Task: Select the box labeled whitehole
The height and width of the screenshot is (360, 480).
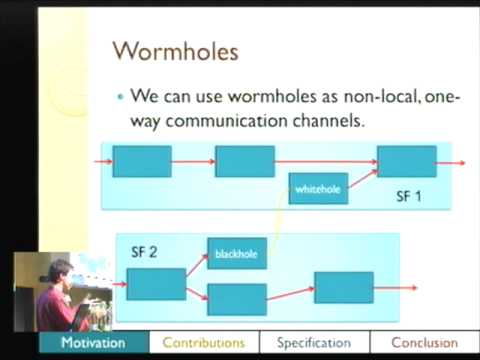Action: (x=318, y=188)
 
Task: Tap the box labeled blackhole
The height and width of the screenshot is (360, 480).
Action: (x=236, y=254)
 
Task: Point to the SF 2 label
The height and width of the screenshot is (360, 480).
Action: (x=144, y=251)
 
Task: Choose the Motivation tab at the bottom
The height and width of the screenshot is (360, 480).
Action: (x=93, y=343)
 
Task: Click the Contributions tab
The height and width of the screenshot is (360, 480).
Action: (x=203, y=343)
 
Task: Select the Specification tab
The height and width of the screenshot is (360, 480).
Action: (x=314, y=343)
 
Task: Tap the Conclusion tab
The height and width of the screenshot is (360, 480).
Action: (x=424, y=343)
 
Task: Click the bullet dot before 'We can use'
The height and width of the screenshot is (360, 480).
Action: (x=120, y=98)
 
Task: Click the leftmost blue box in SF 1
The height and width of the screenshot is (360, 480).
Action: (x=141, y=161)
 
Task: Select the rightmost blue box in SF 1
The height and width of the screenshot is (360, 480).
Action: (x=406, y=161)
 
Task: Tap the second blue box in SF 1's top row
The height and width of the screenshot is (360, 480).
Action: (x=244, y=161)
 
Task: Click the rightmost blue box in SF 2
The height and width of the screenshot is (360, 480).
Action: (x=343, y=288)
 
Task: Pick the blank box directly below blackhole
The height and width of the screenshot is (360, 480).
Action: (x=236, y=299)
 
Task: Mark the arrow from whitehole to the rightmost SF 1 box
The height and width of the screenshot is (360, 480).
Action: (x=362, y=177)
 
